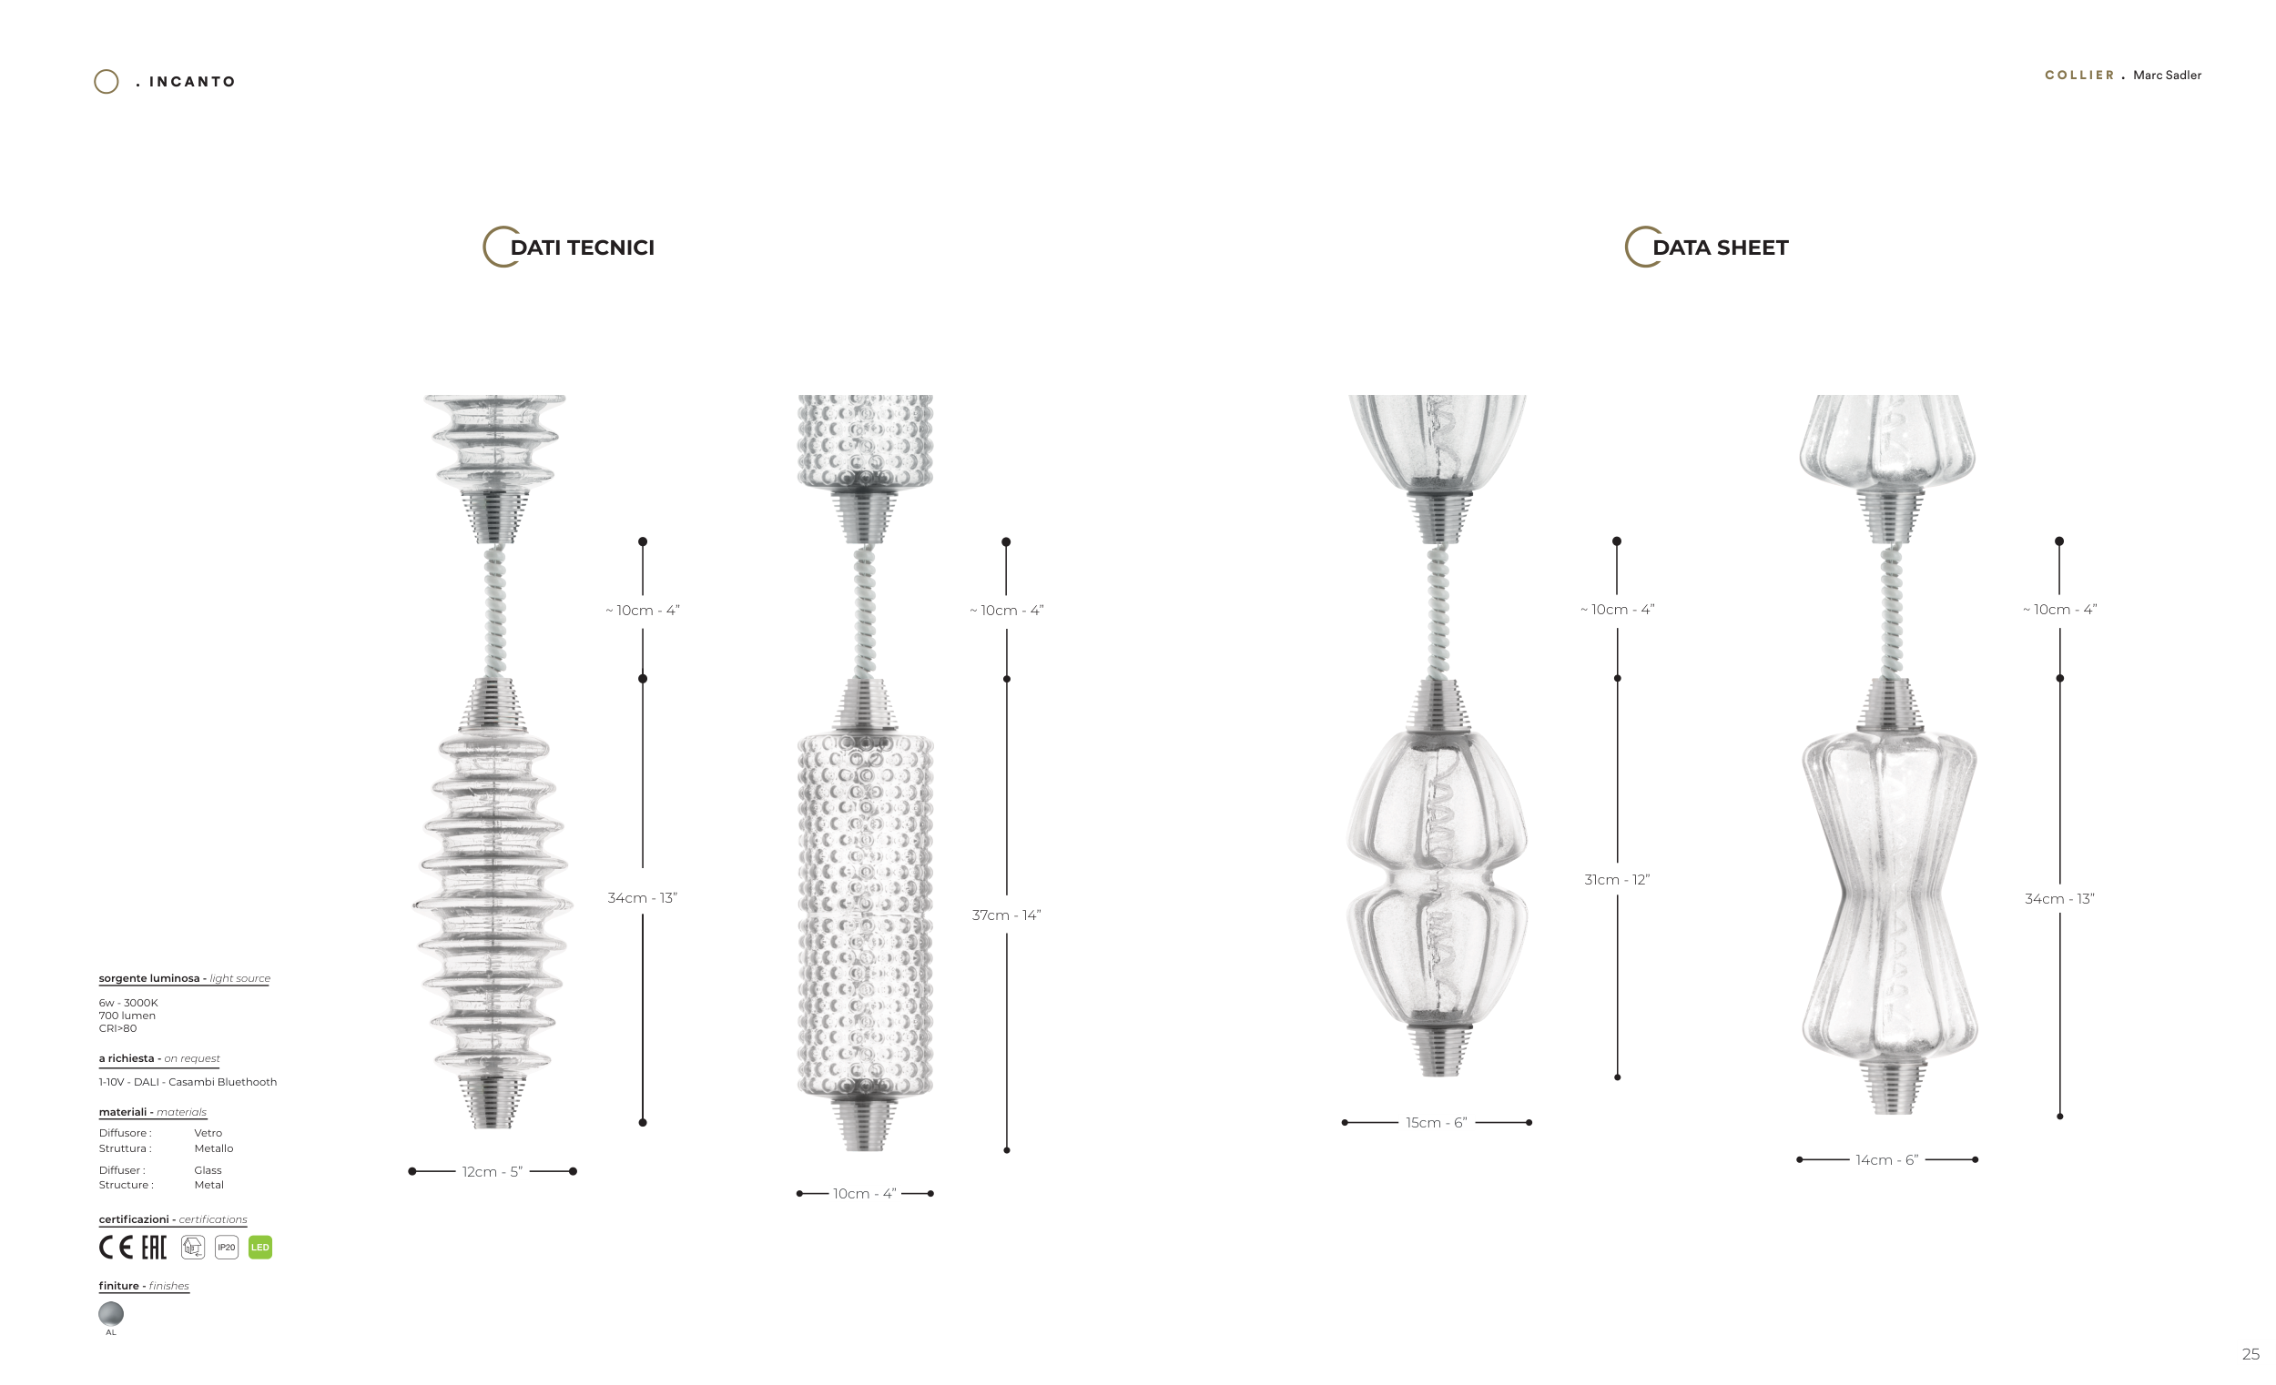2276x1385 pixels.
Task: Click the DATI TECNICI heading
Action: tap(582, 248)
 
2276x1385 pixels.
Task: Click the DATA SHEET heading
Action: tap(1720, 248)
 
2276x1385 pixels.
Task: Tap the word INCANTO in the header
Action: tap(192, 81)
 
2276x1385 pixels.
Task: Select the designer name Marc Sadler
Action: tap(2167, 75)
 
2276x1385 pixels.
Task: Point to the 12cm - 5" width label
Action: tap(493, 1172)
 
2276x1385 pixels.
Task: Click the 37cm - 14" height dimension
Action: tap(1006, 915)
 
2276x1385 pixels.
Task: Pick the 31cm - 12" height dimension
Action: tap(1617, 880)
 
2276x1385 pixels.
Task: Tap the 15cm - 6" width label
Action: tap(1437, 1123)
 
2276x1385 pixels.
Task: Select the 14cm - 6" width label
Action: tap(1887, 1159)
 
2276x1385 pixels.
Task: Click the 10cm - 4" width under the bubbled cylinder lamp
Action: tap(865, 1194)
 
